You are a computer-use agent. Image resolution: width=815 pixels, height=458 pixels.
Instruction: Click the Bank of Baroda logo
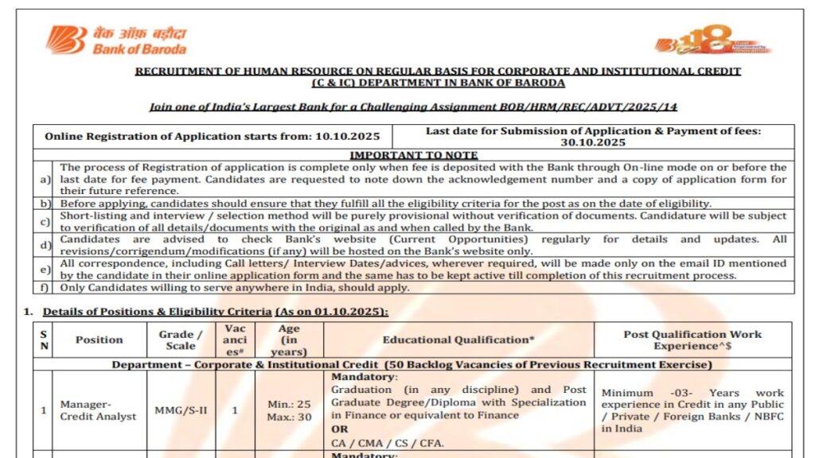(x=116, y=41)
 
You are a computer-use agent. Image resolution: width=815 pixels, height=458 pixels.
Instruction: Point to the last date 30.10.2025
(x=593, y=142)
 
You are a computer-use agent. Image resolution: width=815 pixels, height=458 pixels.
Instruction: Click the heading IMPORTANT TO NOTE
(x=414, y=155)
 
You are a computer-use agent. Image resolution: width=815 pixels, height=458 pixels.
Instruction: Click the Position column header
(x=99, y=340)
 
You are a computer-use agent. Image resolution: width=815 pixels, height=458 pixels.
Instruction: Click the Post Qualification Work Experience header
(x=692, y=340)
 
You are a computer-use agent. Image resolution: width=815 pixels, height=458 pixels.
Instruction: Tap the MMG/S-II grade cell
(x=180, y=410)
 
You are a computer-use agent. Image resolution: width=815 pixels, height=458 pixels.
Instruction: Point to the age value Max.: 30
(x=289, y=417)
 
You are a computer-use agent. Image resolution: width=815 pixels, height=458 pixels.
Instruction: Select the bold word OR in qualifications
(x=340, y=429)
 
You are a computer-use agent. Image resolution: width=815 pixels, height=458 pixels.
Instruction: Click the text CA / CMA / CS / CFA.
(x=388, y=443)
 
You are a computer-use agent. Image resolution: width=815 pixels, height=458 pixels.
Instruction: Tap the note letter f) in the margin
(x=45, y=287)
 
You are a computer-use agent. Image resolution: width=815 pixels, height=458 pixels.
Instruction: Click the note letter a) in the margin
(x=45, y=179)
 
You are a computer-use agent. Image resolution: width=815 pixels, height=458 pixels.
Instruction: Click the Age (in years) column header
(x=289, y=340)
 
